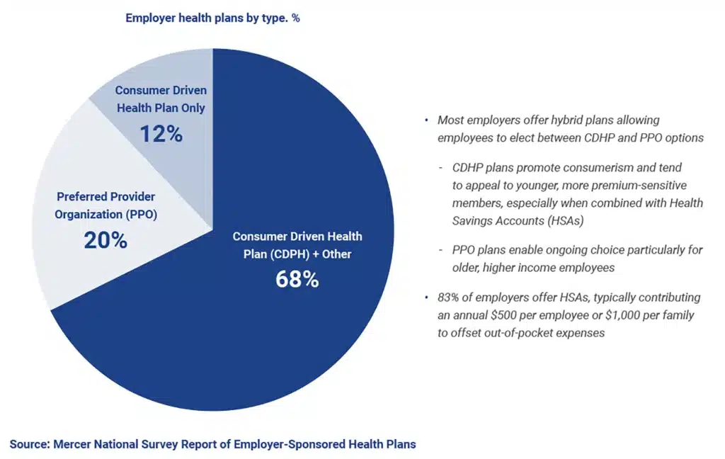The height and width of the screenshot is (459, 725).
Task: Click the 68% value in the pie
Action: point(297,279)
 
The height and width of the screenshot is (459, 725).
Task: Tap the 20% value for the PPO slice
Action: point(105,240)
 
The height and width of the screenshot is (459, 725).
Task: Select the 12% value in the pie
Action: point(161,134)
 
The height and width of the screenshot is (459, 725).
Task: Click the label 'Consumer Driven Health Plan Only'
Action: point(161,99)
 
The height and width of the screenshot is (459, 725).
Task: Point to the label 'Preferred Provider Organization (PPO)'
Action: point(105,204)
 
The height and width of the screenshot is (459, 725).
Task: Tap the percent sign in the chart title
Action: point(295,18)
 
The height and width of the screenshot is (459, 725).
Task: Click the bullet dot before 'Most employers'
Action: point(427,120)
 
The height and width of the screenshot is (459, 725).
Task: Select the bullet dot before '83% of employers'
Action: point(427,297)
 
